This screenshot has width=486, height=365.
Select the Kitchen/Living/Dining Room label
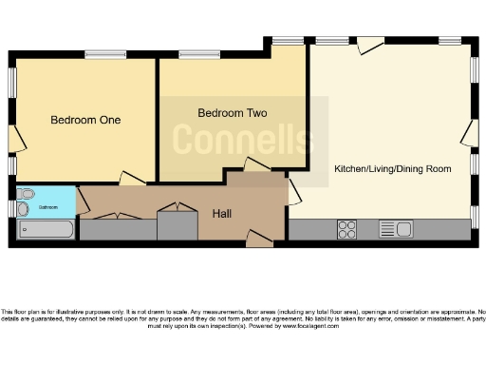[x=391, y=169]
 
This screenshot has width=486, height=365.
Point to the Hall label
[x=223, y=212]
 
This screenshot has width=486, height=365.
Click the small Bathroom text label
[x=47, y=206]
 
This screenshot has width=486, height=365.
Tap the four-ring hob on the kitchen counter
[x=347, y=229]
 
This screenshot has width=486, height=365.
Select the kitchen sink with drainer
[x=395, y=229]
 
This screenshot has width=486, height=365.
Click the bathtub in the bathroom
[x=45, y=230]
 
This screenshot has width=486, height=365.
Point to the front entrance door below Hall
[x=257, y=238]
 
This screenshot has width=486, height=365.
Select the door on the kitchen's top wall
[x=371, y=44]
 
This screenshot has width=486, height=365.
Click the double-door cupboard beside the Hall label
[x=175, y=207]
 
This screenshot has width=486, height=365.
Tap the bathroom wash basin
[x=22, y=208]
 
